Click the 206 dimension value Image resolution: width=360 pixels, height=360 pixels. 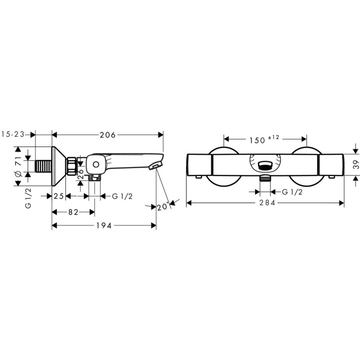pyautogui.click(x=108, y=135)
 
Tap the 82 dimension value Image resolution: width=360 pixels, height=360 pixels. pyautogui.click(x=73, y=212)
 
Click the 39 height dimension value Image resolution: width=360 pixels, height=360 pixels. pyautogui.click(x=356, y=165)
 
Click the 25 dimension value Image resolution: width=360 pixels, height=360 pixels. pyautogui.click(x=58, y=196)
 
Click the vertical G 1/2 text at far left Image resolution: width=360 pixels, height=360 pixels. pyautogui.click(x=28, y=198)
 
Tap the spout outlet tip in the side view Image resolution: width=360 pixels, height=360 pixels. pyautogui.click(x=157, y=165)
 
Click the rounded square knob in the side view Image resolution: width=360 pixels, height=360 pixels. pyautogui.click(x=94, y=164)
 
